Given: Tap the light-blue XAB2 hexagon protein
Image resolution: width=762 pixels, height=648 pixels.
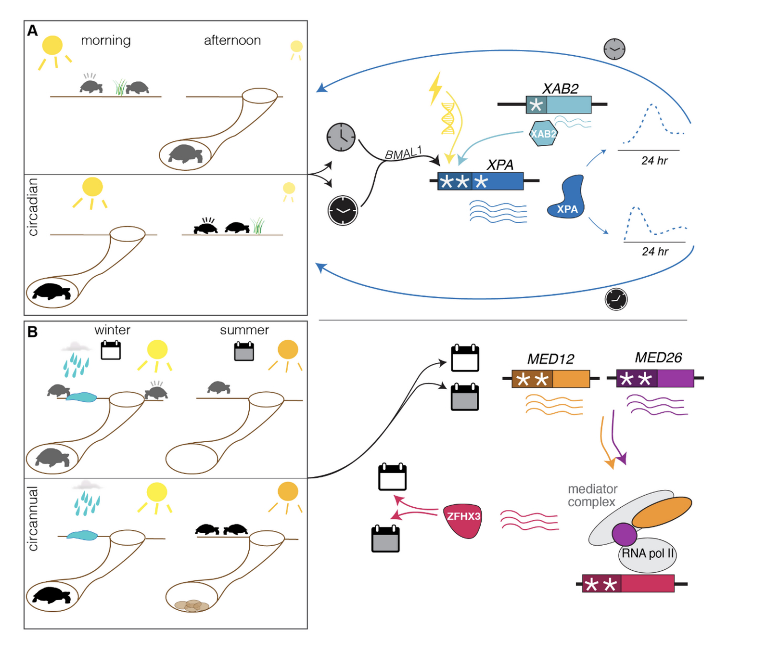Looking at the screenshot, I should pyautogui.click(x=543, y=134).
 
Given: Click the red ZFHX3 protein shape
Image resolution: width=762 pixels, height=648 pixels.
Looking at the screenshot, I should pyautogui.click(x=463, y=520).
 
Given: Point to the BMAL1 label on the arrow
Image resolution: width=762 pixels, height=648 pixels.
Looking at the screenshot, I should pyautogui.click(x=403, y=153).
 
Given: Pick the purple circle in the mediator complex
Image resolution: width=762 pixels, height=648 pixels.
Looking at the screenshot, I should pyautogui.click(x=624, y=535).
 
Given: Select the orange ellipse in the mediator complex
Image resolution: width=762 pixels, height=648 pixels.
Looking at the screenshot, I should pyautogui.click(x=662, y=513).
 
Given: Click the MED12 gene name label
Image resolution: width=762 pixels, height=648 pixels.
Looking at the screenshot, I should pyautogui.click(x=551, y=359).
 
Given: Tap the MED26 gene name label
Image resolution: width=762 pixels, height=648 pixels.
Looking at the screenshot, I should pyautogui.click(x=658, y=358).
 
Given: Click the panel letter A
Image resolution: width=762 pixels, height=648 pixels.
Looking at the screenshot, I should pyautogui.click(x=33, y=31).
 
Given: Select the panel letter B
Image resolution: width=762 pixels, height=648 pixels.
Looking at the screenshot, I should pyautogui.click(x=33, y=332).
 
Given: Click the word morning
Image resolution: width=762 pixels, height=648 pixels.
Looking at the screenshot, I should pyautogui.click(x=105, y=40).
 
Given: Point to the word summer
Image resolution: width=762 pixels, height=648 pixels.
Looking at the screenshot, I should pyautogui.click(x=244, y=330).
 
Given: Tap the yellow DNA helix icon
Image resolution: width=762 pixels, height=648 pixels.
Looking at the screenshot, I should pyautogui.click(x=448, y=118).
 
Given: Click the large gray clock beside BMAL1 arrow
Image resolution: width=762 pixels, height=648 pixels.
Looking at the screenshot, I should pyautogui.click(x=341, y=137).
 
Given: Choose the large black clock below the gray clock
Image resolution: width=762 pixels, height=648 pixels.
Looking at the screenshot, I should pyautogui.click(x=343, y=211).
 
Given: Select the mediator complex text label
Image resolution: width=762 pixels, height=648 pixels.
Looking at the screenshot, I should pyautogui.click(x=592, y=495).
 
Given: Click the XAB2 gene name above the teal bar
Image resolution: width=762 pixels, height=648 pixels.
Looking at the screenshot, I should pyautogui.click(x=560, y=89).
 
